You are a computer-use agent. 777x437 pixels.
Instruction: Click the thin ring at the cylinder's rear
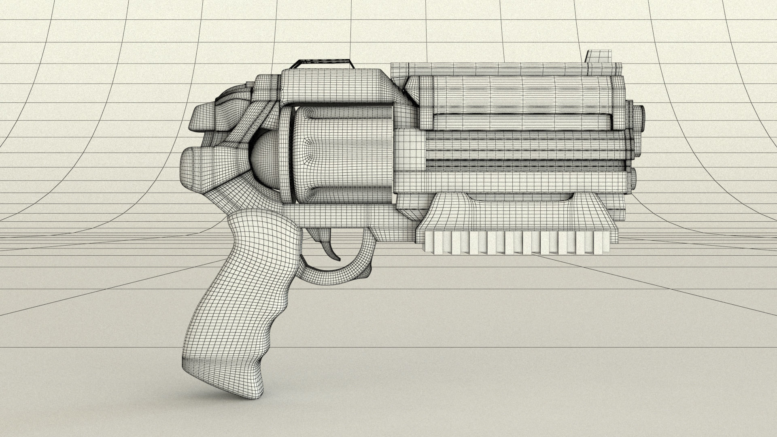287,154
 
